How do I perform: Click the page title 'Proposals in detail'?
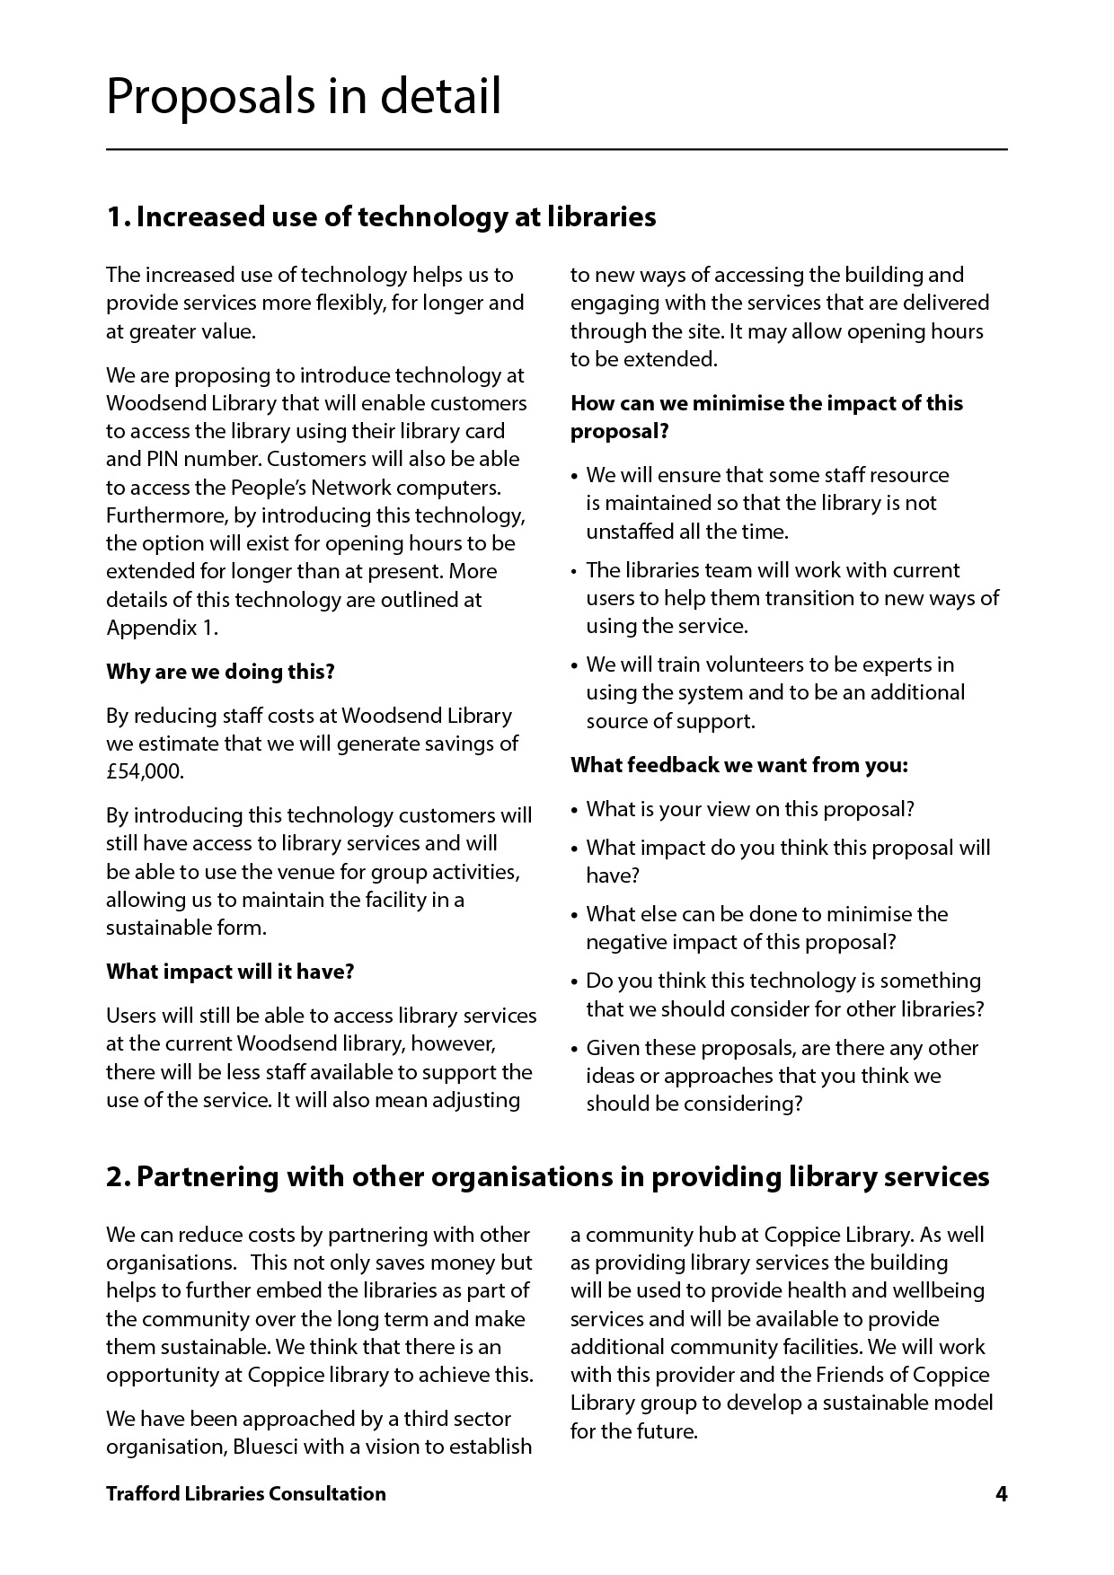pyautogui.click(x=304, y=96)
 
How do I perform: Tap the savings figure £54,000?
pyautogui.click(x=145, y=771)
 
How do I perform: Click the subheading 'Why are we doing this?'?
pyautogui.click(x=220, y=672)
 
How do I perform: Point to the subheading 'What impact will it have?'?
pyautogui.click(x=230, y=972)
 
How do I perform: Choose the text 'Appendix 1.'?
pyautogui.click(x=162, y=627)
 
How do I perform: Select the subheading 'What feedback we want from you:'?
pyautogui.click(x=739, y=765)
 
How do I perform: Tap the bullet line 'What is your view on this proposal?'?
pyautogui.click(x=750, y=809)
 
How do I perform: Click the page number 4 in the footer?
pyautogui.click(x=1001, y=1493)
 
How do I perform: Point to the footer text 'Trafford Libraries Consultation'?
pyautogui.click(x=245, y=1493)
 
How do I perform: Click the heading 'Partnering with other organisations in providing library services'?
pyautogui.click(x=548, y=1176)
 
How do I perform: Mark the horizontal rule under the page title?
pyautogui.click(x=557, y=149)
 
